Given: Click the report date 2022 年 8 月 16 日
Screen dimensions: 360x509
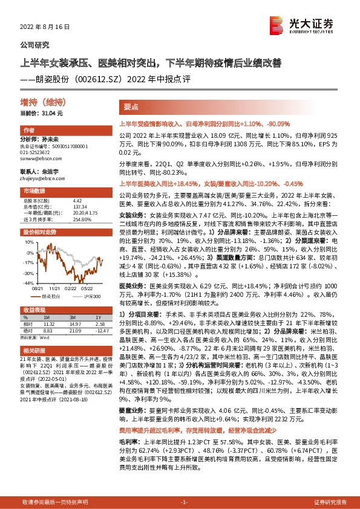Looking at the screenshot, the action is click(46, 27).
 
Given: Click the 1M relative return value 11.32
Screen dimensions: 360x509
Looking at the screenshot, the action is click(49, 323).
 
